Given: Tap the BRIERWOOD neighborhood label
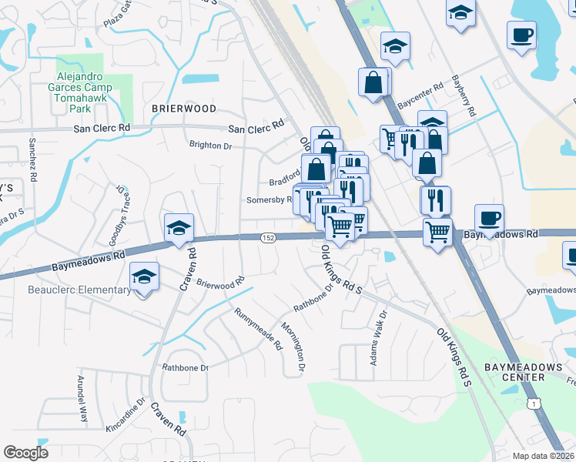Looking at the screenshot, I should point(184,109).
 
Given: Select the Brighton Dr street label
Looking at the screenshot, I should point(210,146).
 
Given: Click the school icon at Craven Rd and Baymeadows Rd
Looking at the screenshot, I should point(179,228).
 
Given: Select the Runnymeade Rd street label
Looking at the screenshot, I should point(259,329).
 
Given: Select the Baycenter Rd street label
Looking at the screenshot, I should point(420,95).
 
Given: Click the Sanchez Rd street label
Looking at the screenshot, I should point(33,158).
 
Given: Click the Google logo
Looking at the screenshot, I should point(25,452).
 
